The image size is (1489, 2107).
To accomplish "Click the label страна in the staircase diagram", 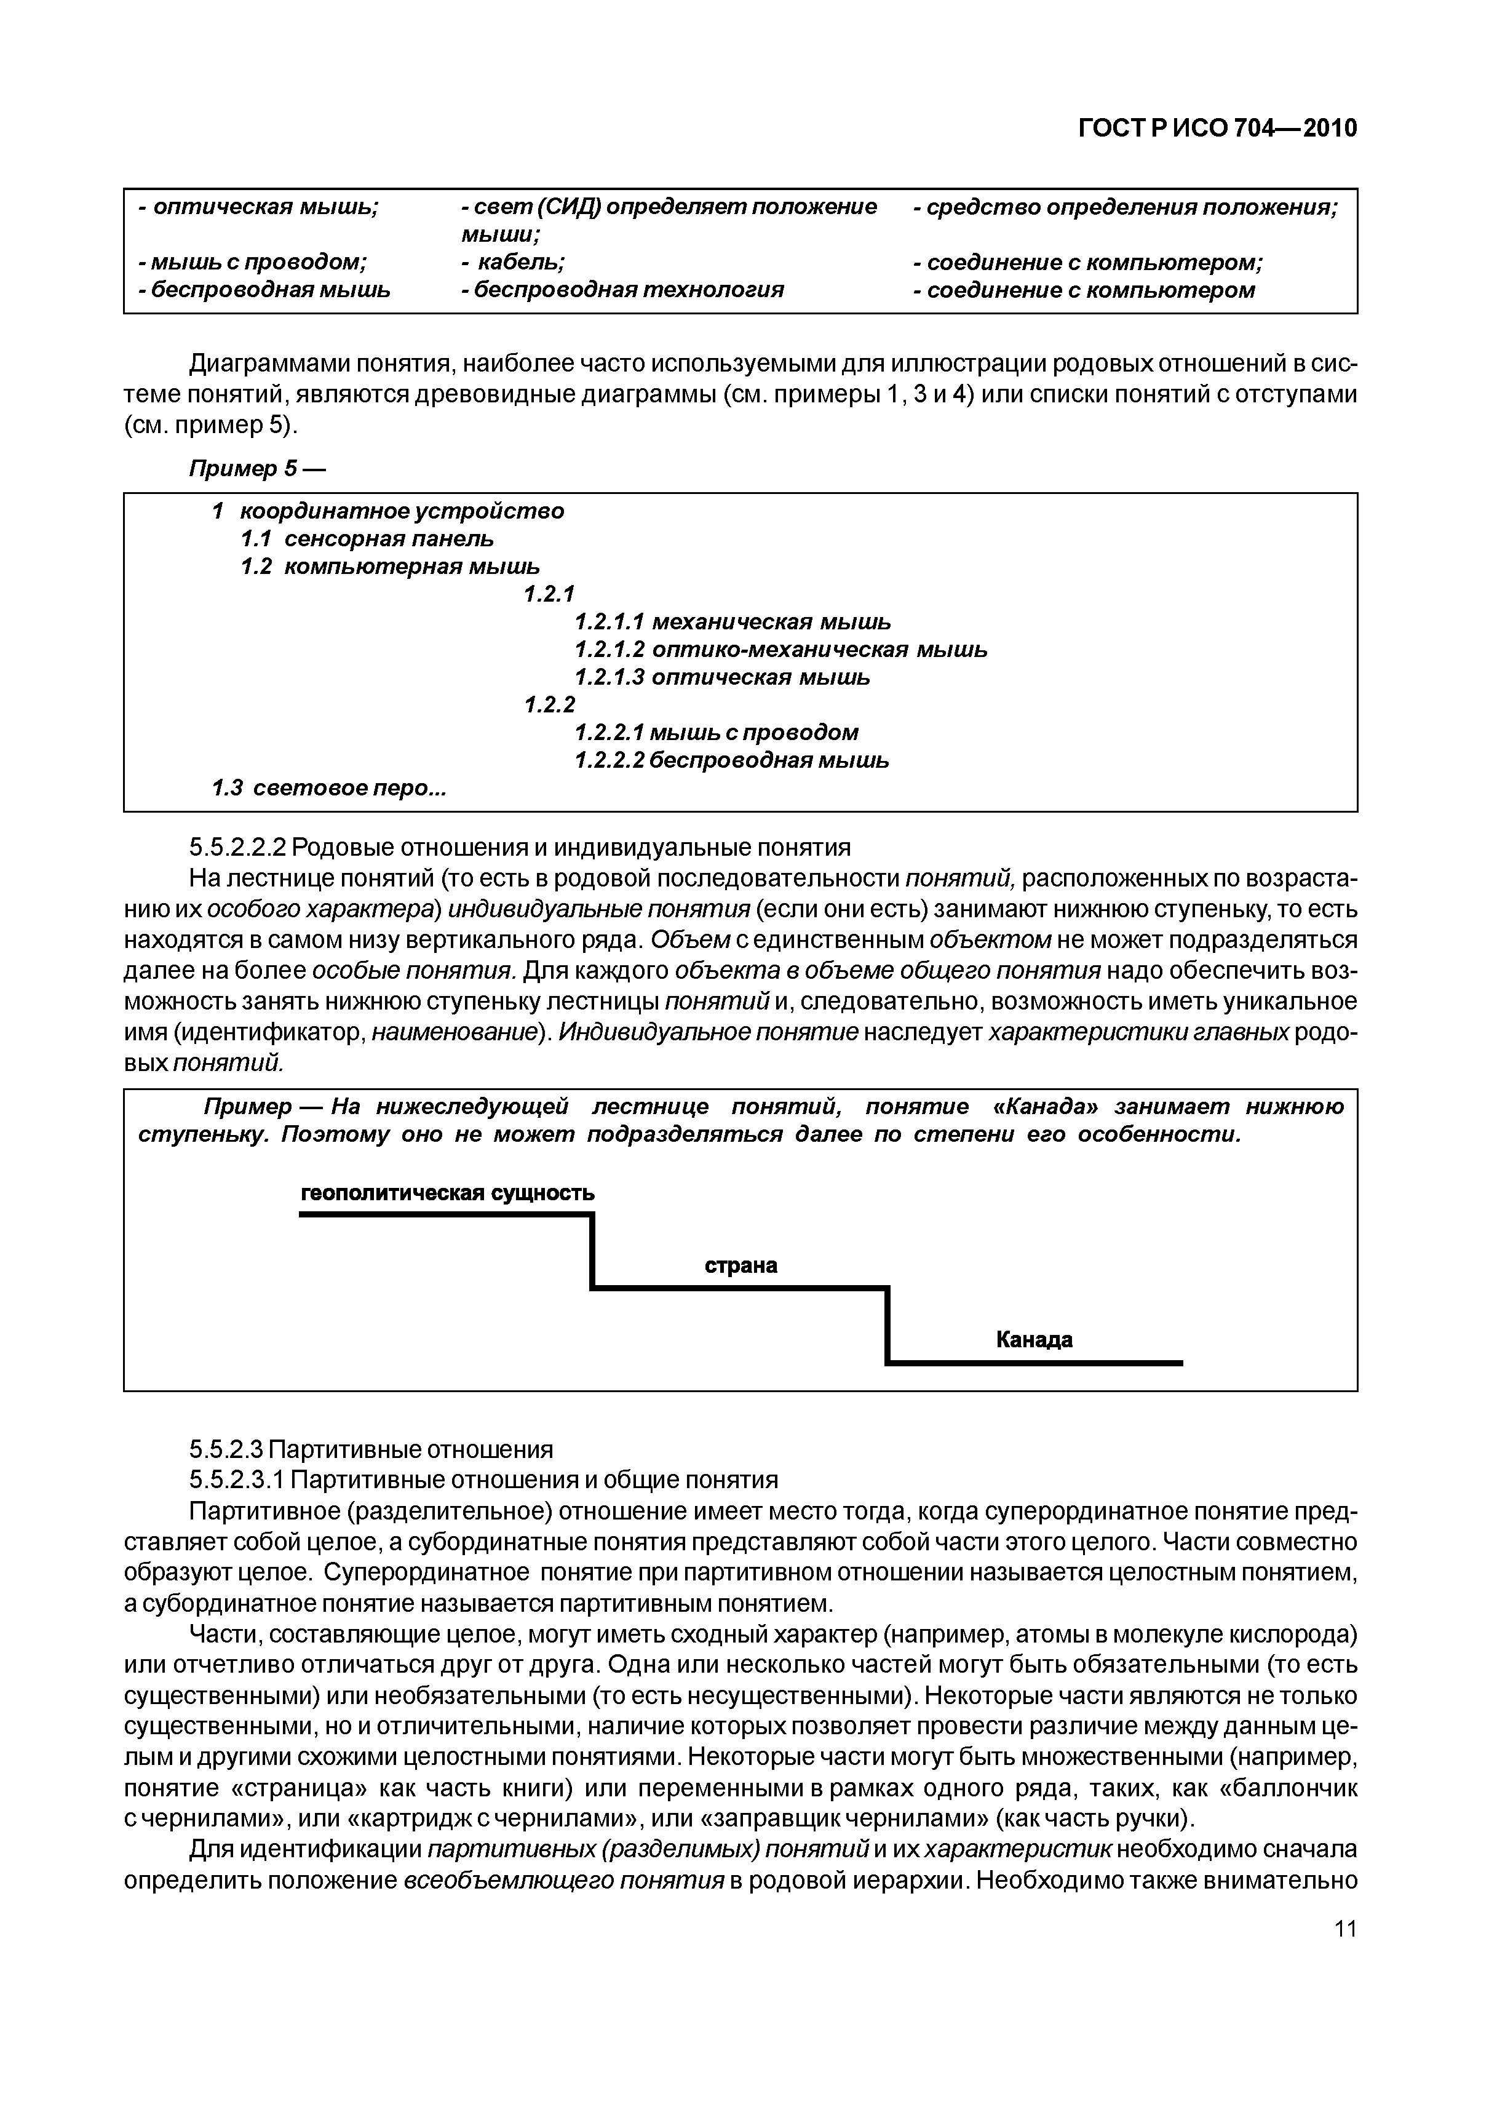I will (x=741, y=1265).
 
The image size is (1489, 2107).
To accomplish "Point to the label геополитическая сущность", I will (x=448, y=1193).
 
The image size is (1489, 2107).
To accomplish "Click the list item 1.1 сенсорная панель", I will (x=367, y=539).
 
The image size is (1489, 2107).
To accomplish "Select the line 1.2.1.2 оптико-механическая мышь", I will (x=780, y=650).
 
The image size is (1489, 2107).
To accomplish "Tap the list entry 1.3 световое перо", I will (x=328, y=787).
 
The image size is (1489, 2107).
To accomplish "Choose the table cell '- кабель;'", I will (x=514, y=263).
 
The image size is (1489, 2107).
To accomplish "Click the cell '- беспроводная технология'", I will (x=623, y=290).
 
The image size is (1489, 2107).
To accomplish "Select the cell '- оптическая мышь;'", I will (x=259, y=207).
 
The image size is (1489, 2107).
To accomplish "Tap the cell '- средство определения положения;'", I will (x=1126, y=207).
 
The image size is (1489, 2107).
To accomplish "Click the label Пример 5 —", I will (x=257, y=469).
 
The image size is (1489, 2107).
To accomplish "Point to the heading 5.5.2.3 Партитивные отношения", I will (x=371, y=1450).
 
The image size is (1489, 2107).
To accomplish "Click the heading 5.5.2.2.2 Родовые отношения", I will (x=519, y=846).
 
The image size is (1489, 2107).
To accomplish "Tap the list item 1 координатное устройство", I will (x=387, y=511).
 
